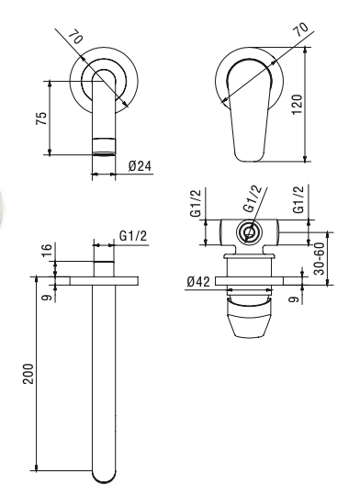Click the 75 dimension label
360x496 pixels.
[x=42, y=118]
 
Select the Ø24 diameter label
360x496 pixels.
[x=141, y=165]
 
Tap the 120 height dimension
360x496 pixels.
[x=297, y=105]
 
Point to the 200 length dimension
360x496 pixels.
[x=28, y=374]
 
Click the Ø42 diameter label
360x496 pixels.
[x=198, y=281]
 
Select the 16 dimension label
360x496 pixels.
[x=46, y=251]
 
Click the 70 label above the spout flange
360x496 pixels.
[x=76, y=37]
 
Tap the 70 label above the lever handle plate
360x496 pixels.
[x=300, y=29]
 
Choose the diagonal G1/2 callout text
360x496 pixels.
[x=253, y=198]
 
